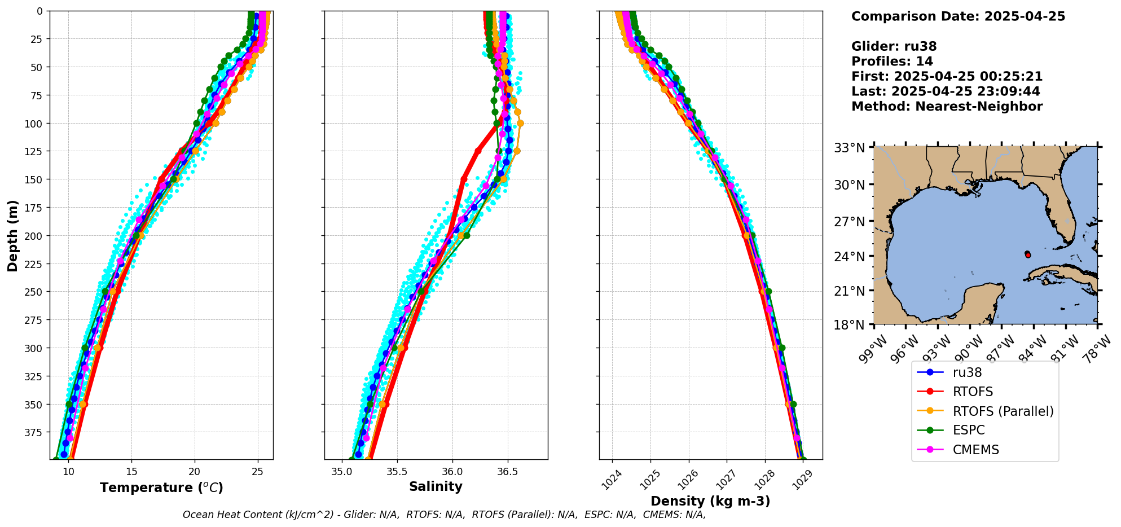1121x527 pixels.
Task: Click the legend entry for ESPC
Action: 968,430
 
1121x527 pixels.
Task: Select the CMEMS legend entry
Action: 975,450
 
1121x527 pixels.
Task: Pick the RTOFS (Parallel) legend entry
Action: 1003,411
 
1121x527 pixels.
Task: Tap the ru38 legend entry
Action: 967,372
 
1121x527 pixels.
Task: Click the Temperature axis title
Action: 161,488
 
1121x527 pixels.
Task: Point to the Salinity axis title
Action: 436,486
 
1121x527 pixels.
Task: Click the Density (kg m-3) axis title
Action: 710,501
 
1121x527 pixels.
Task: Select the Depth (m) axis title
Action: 12,235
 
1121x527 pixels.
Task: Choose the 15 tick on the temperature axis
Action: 131,472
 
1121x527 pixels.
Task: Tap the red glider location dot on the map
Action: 1028,255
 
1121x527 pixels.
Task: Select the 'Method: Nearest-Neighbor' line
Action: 947,107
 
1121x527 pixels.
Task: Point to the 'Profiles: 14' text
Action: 892,62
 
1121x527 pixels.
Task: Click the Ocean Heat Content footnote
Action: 444,515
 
